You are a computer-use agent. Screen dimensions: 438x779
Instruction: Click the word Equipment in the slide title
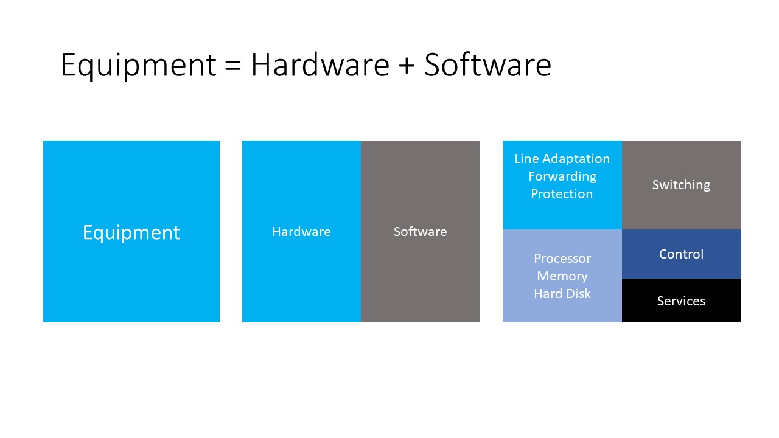tap(138, 64)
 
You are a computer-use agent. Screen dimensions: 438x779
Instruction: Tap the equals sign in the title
tap(233, 66)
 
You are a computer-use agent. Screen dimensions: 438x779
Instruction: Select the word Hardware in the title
tap(320, 64)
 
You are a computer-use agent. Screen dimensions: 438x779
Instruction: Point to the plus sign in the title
tap(407, 66)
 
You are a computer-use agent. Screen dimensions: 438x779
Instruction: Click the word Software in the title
tap(487, 64)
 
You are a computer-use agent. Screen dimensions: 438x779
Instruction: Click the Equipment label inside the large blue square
tap(131, 232)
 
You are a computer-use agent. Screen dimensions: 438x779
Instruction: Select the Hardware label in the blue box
tap(301, 232)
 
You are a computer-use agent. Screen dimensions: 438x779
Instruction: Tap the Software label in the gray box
tap(420, 232)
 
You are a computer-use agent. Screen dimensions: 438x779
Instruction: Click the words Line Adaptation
tap(562, 159)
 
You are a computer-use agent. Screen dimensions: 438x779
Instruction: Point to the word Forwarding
tap(562, 176)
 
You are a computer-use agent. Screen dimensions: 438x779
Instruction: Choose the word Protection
tap(562, 194)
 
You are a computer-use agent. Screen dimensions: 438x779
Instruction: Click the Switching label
tap(681, 185)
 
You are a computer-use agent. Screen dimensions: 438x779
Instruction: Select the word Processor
tap(562, 259)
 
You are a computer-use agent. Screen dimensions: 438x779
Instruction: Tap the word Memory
tap(562, 276)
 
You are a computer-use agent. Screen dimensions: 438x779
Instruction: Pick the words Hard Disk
tap(562, 294)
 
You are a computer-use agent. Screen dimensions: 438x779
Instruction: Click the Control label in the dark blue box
tap(681, 254)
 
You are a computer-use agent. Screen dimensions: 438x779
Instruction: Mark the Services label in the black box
tap(681, 301)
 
